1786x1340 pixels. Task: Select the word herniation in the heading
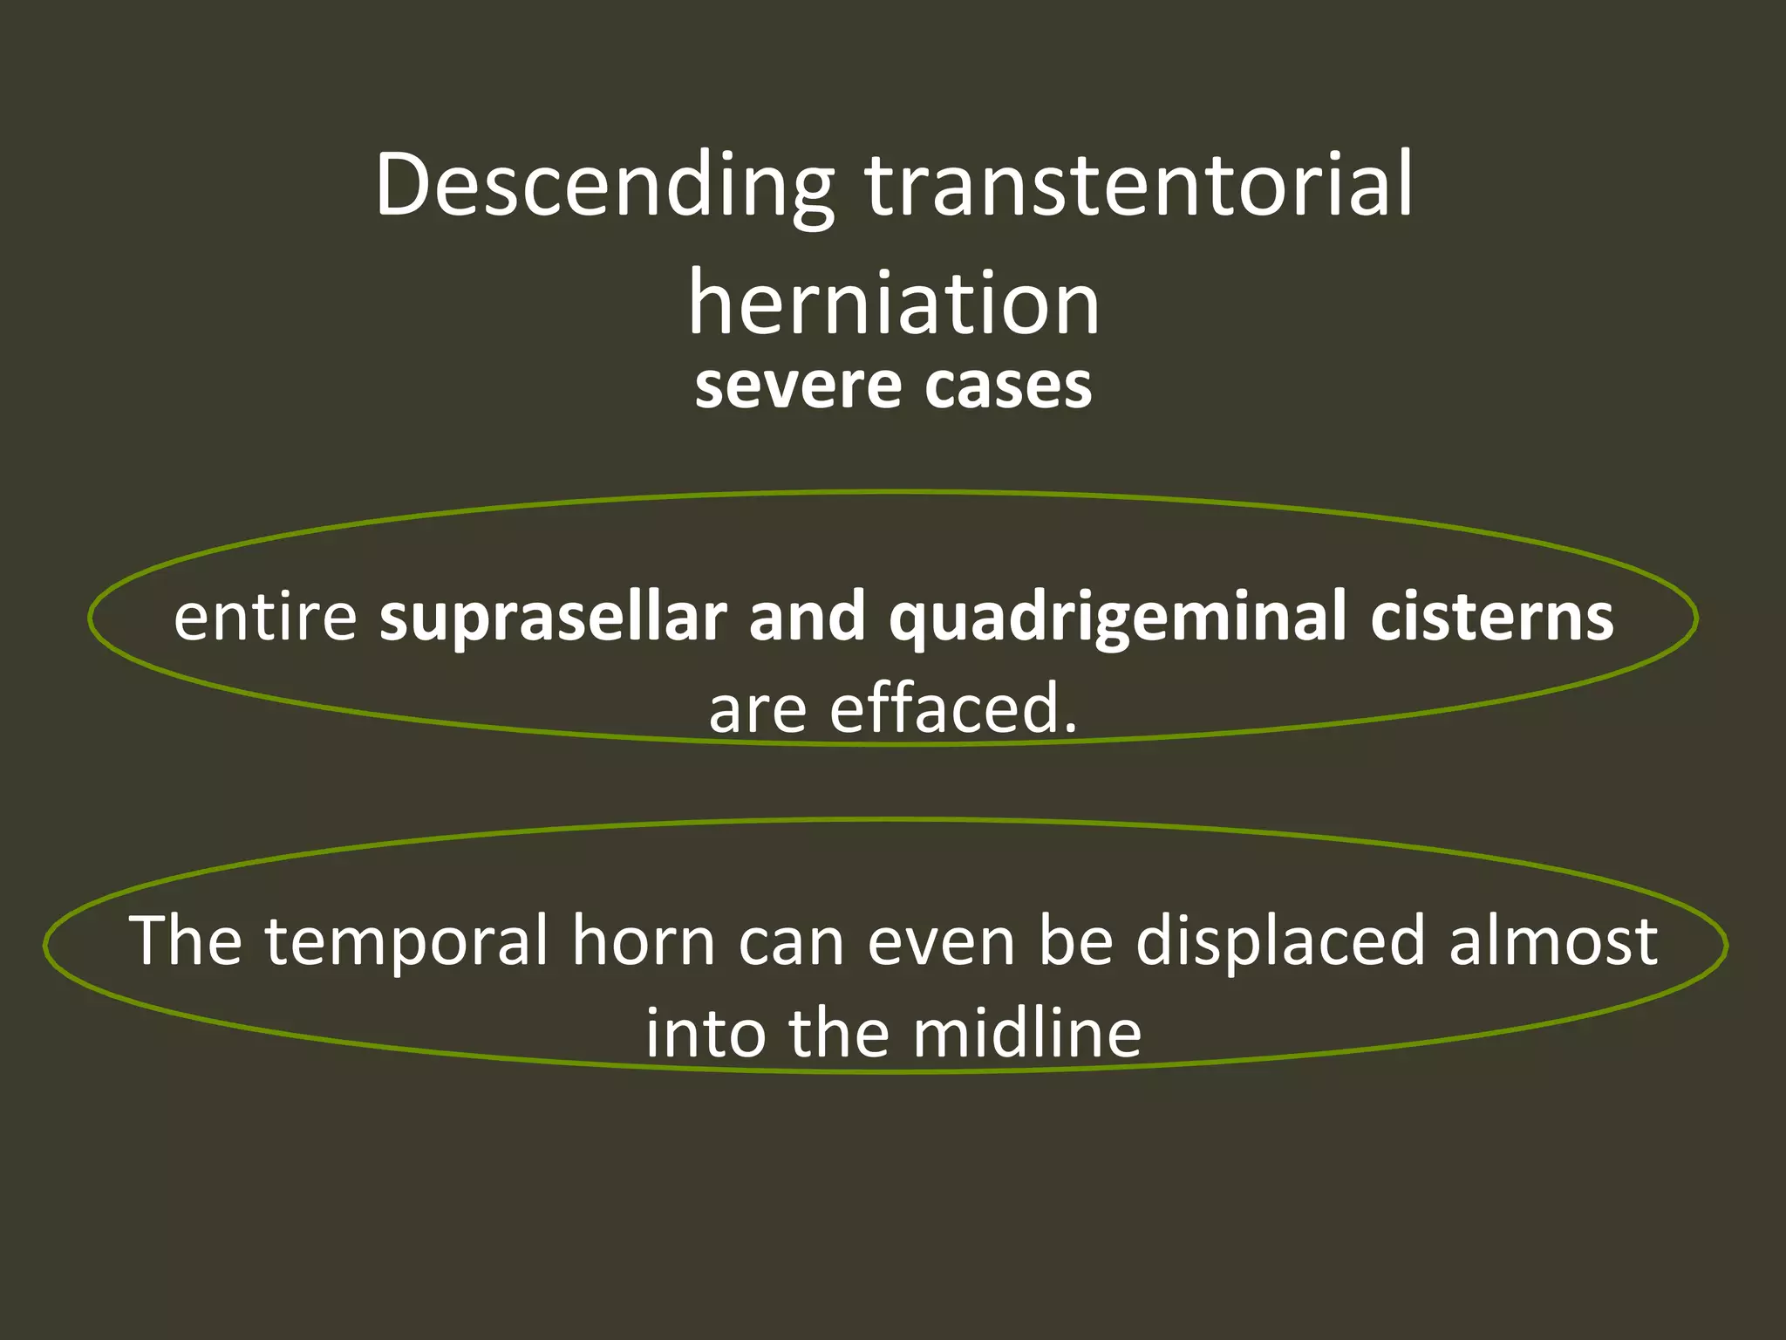click(893, 303)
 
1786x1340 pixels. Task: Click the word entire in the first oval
click(265, 617)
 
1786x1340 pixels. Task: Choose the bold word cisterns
click(1492, 617)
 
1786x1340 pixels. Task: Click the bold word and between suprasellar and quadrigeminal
click(808, 617)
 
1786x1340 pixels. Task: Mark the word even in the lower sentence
click(942, 942)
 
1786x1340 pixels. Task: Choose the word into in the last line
click(705, 1034)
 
